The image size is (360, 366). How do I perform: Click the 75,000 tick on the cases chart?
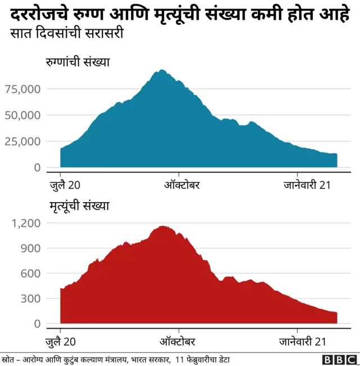pos(22,88)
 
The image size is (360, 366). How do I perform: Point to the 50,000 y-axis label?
pos(22,115)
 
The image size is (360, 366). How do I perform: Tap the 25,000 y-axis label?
pos(22,141)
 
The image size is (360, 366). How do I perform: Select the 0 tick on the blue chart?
pos(37,167)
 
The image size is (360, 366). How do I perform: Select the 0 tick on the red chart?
pos(37,324)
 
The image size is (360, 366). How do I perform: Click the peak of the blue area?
pos(161,70)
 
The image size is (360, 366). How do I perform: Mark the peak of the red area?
pos(163,226)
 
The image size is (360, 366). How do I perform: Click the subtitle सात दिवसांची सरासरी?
pos(67,34)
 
